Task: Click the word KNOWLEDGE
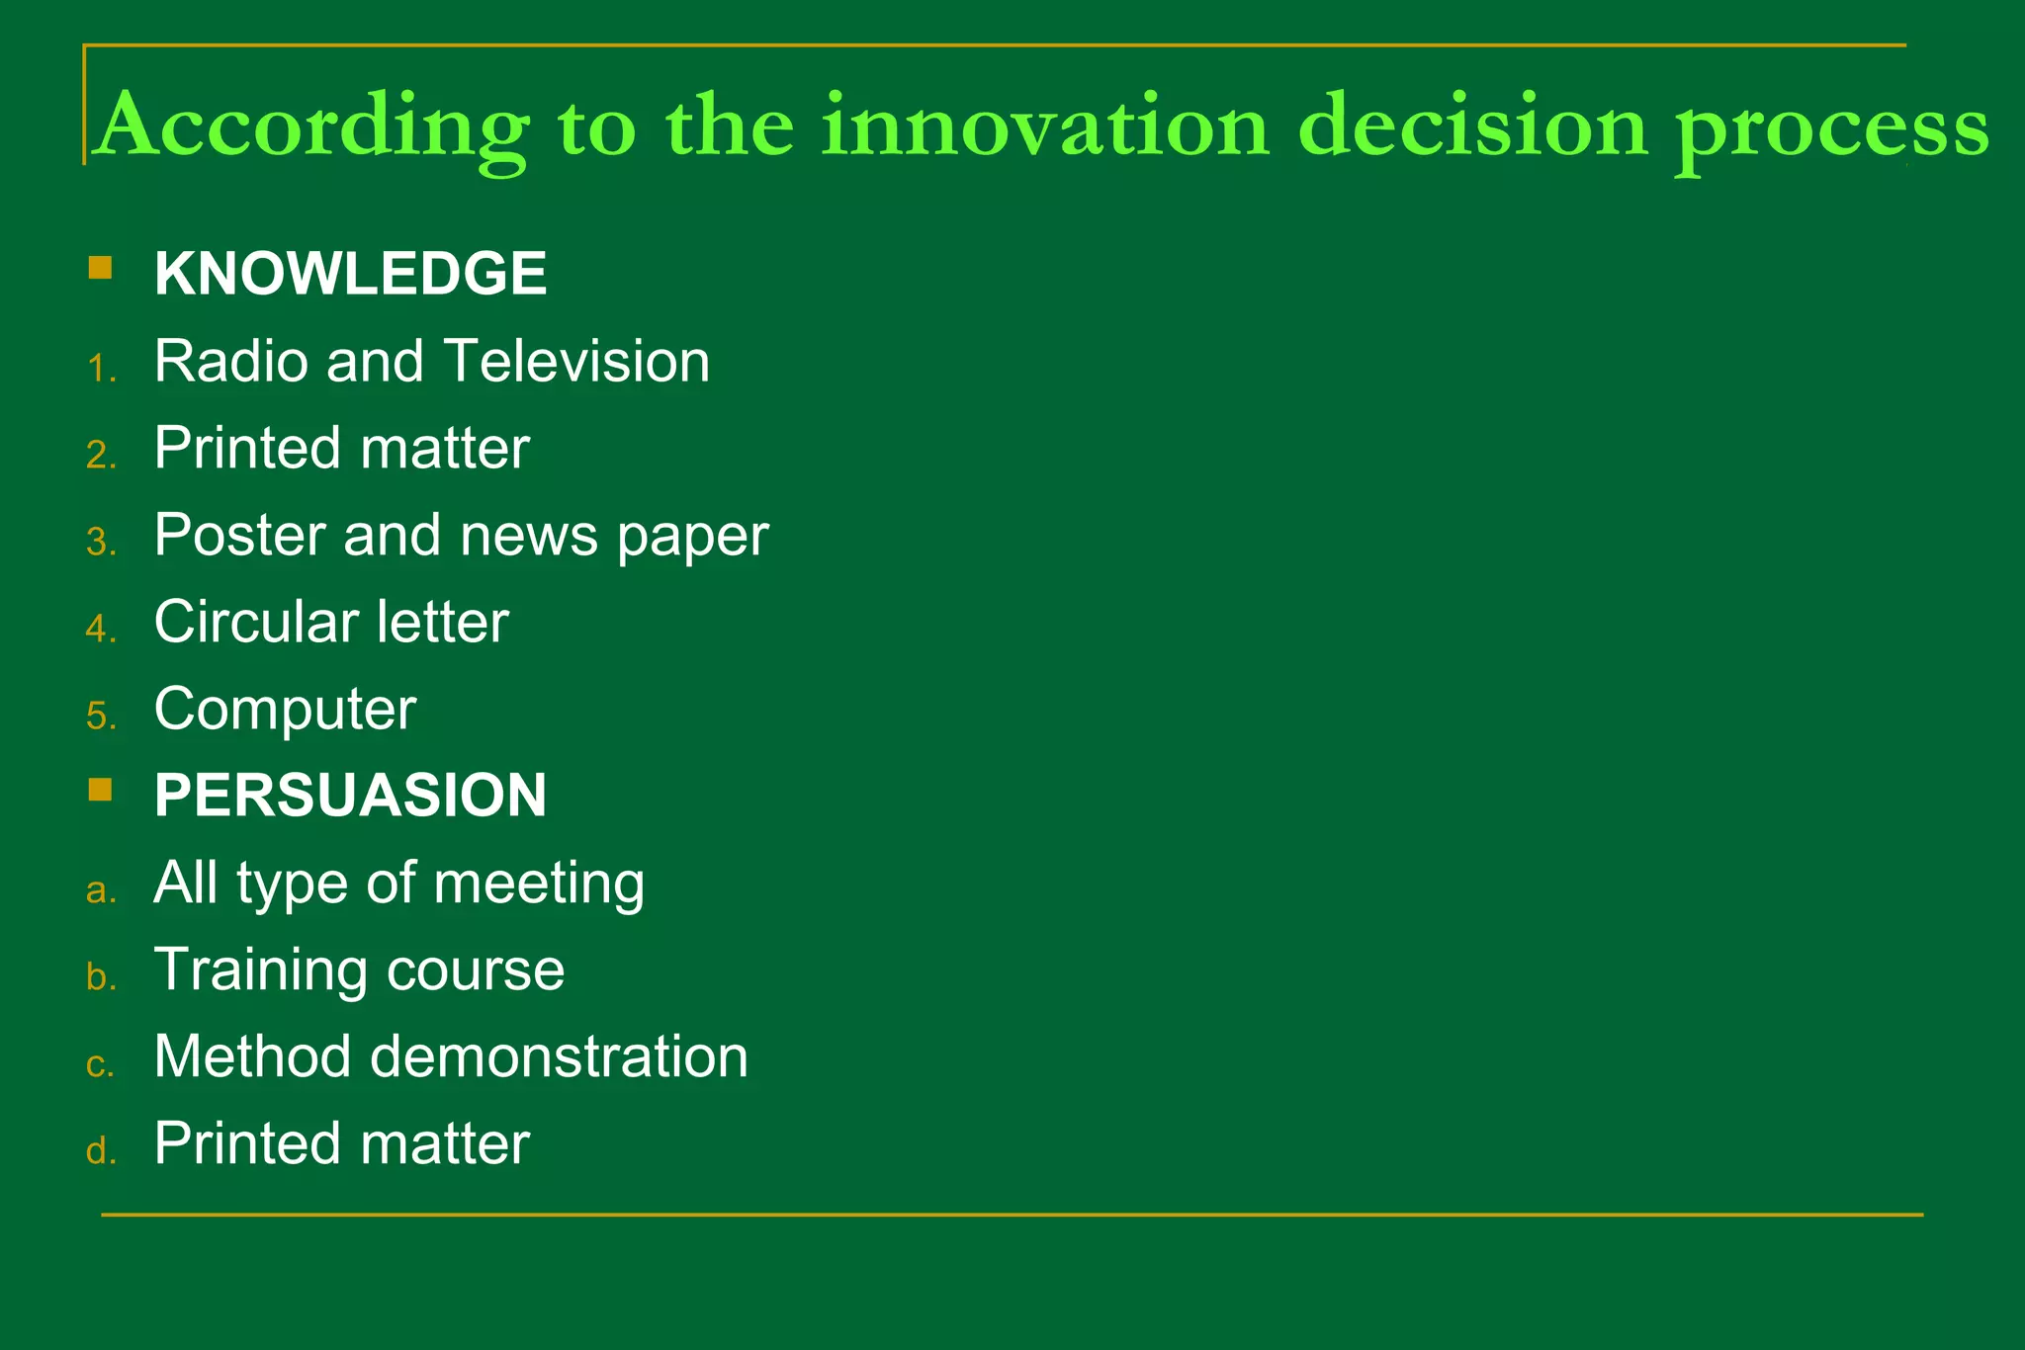pyautogui.click(x=350, y=274)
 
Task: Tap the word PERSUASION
pyautogui.click(x=350, y=796)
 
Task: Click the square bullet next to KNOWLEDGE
pyautogui.click(x=100, y=268)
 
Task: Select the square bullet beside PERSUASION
pyautogui.click(x=100, y=790)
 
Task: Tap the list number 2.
pyautogui.click(x=100, y=456)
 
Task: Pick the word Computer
pyautogui.click(x=285, y=711)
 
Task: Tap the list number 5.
pyautogui.click(x=100, y=717)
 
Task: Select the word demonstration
pyautogui.click(x=559, y=1056)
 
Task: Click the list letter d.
pyautogui.click(x=100, y=1151)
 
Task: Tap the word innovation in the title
pyautogui.click(x=1045, y=126)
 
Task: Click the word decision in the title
pyautogui.click(x=1473, y=126)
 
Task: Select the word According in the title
pyautogui.click(x=313, y=127)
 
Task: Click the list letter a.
pyautogui.click(x=100, y=890)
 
